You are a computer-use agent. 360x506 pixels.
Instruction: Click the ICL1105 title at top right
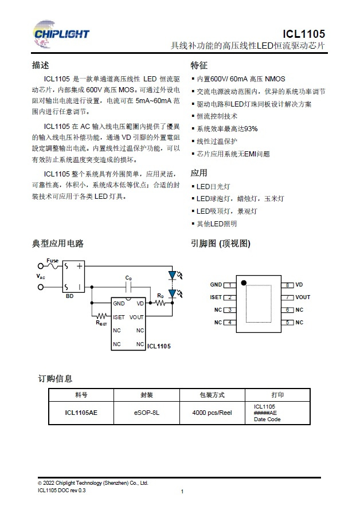(x=308, y=34)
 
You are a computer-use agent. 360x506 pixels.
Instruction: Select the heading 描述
(x=41, y=65)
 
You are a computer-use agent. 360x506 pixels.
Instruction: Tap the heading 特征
(x=199, y=65)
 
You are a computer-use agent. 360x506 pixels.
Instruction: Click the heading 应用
(x=199, y=172)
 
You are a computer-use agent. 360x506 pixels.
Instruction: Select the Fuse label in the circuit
(x=52, y=261)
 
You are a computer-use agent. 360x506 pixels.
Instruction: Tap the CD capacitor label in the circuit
(x=129, y=279)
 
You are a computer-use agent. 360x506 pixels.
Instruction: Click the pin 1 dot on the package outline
(x=244, y=283)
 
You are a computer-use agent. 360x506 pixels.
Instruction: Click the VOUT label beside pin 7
(x=303, y=297)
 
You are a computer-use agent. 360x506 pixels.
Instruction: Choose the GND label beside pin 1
(x=216, y=285)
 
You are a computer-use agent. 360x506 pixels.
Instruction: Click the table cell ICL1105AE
(x=81, y=412)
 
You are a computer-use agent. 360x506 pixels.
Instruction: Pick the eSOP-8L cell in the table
(x=147, y=412)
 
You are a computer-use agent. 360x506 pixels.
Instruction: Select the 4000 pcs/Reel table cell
(x=212, y=412)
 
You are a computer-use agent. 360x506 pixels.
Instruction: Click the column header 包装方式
(x=212, y=395)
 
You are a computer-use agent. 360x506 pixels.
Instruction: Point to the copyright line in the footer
(x=93, y=483)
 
